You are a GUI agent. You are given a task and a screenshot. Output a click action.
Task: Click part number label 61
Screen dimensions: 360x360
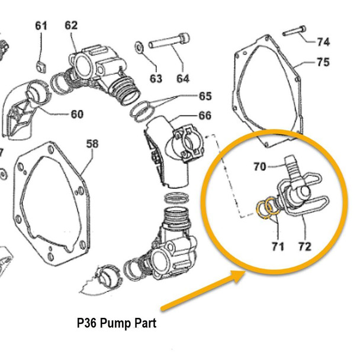tap(41, 25)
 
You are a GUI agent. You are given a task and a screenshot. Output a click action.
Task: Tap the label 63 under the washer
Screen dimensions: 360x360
tap(156, 78)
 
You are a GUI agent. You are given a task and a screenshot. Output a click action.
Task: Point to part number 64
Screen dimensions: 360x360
tap(182, 78)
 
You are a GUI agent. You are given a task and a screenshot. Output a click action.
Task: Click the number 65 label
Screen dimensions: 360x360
tap(204, 96)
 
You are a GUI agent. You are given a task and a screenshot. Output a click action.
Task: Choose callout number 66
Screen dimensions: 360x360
tap(204, 115)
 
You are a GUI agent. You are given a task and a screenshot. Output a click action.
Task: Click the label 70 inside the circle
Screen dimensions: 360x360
tap(260, 167)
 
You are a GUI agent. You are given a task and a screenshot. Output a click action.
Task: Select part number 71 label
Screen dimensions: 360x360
tap(278, 245)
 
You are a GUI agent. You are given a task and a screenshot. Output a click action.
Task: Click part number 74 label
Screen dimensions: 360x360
tap(323, 41)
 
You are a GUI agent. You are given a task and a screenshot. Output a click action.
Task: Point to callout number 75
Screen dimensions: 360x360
tap(323, 62)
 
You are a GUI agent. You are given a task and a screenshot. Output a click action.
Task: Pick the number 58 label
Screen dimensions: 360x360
tap(92, 144)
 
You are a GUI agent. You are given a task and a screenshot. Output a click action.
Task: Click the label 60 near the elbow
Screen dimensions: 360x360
tap(77, 114)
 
